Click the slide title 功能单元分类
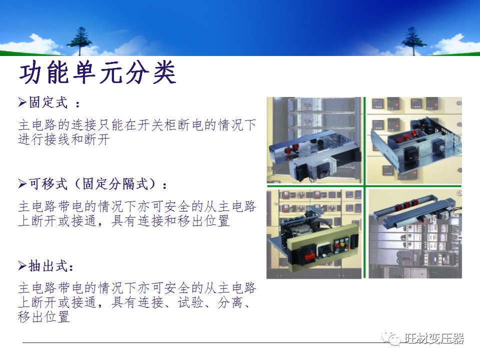(97, 74)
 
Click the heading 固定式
(48, 102)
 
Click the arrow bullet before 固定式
(22, 102)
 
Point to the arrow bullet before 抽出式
(22, 266)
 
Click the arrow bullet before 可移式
(22, 184)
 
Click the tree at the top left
(79, 40)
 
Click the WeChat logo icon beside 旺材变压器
(391, 338)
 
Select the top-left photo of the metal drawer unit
(314, 141)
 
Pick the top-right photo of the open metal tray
(415, 141)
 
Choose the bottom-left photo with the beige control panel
(314, 234)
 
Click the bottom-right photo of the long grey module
(415, 234)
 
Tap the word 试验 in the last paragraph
(190, 302)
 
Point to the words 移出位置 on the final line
(44, 317)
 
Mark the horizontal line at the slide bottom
(200, 342)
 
